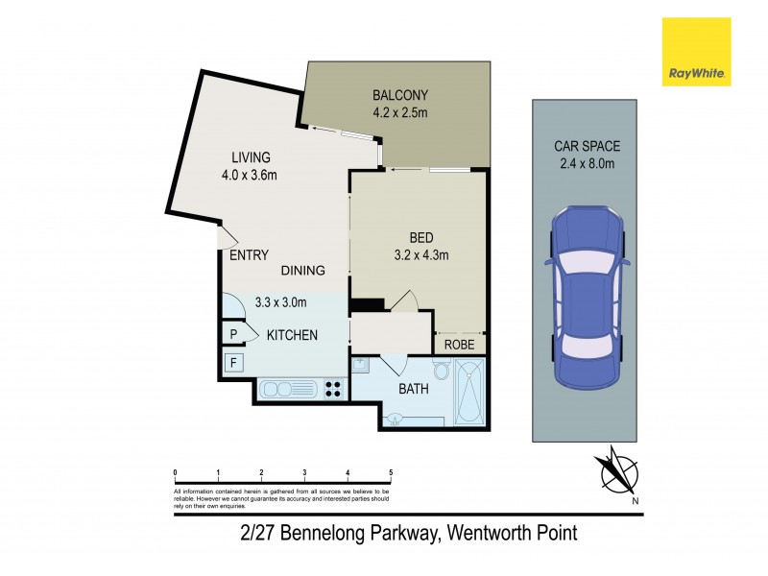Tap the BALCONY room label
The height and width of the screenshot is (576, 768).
coord(399,95)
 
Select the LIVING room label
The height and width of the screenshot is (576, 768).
coord(250,157)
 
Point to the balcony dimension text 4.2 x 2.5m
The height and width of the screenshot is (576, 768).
coord(399,112)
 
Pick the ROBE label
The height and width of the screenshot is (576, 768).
coord(458,344)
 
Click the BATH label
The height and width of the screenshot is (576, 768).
coord(414,389)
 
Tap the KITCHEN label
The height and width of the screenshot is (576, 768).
coord(292,334)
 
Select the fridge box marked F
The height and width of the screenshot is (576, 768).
coord(231,363)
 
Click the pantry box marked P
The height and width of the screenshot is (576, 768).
coord(232,333)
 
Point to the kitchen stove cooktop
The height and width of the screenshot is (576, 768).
coord(334,389)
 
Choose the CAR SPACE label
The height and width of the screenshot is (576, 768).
coord(587,147)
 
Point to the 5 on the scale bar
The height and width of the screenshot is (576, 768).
coord(391,473)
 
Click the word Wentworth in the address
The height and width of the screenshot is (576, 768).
coord(486,531)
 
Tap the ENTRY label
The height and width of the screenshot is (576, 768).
coord(249,256)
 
